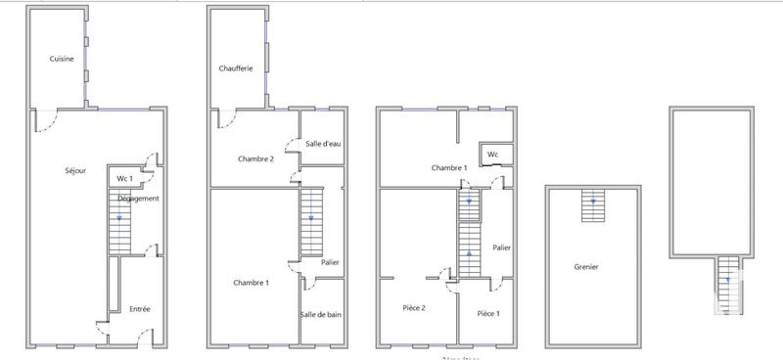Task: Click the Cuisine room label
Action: click(62, 59)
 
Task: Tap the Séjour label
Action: click(74, 171)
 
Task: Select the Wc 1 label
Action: click(124, 179)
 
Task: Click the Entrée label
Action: click(140, 309)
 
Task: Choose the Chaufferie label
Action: click(236, 68)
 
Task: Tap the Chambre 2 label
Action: click(255, 158)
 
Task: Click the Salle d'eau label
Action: click(323, 144)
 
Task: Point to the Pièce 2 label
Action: click(414, 308)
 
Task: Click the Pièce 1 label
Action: click(488, 313)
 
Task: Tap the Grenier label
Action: click(587, 266)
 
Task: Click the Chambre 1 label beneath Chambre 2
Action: click(252, 283)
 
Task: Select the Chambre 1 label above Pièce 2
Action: click(449, 168)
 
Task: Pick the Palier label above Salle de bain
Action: click(330, 261)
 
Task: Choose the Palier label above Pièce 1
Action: click(502, 247)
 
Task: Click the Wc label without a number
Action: click(493, 154)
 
